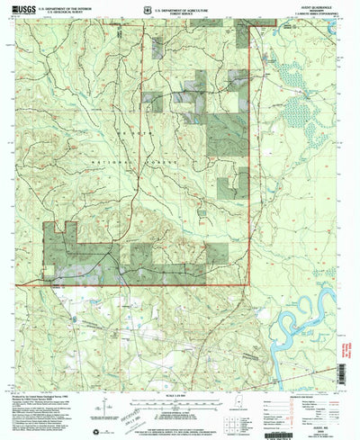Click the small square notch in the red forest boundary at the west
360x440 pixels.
point(59,230)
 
